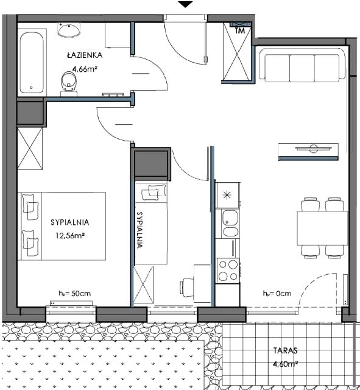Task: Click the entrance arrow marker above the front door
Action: (185, 4)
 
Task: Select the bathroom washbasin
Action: (69, 30)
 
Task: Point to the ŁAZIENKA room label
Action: (85, 55)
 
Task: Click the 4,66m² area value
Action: (84, 69)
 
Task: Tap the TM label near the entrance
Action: (240, 31)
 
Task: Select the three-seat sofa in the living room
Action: (302, 65)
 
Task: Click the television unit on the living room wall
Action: (308, 152)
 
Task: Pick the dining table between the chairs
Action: (322, 228)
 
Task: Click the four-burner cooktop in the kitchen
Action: (228, 270)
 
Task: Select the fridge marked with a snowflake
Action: (228, 195)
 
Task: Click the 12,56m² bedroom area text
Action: (69, 235)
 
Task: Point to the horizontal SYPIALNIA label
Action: (69, 222)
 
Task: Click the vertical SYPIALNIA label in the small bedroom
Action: (140, 230)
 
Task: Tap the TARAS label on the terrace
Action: (286, 351)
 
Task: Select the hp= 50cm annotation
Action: (74, 294)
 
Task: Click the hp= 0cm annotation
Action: (277, 294)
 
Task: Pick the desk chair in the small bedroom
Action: (186, 288)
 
